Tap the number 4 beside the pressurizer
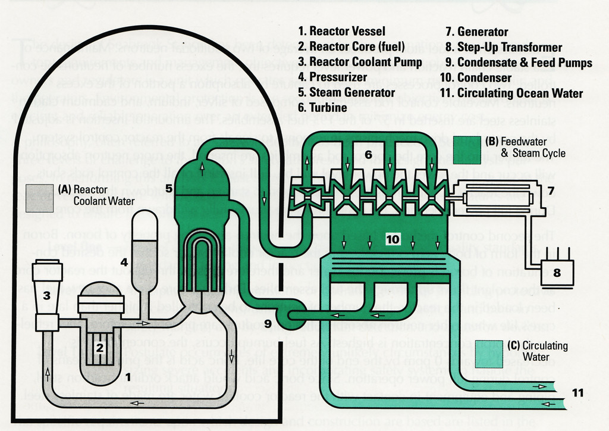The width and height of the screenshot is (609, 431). (x=124, y=261)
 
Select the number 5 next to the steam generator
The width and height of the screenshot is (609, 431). (x=169, y=189)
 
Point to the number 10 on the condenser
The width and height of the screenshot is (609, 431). (x=393, y=239)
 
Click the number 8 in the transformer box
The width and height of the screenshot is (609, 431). (x=557, y=273)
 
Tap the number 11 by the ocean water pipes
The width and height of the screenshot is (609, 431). (x=577, y=392)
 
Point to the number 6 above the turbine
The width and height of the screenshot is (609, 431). (x=368, y=155)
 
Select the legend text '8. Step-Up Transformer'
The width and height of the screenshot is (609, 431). (x=503, y=47)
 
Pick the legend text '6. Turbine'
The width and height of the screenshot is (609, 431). (x=322, y=108)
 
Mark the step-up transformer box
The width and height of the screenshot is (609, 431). (x=557, y=274)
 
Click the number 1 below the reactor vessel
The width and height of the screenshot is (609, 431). (x=128, y=376)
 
